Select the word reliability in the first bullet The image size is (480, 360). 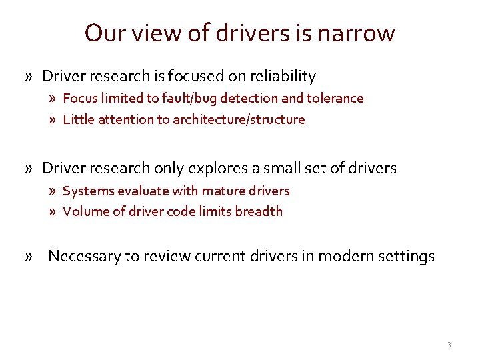tap(283, 77)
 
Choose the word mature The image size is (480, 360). tap(223, 191)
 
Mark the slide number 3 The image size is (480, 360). tap(449, 345)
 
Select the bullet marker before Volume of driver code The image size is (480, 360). tap(53, 212)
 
